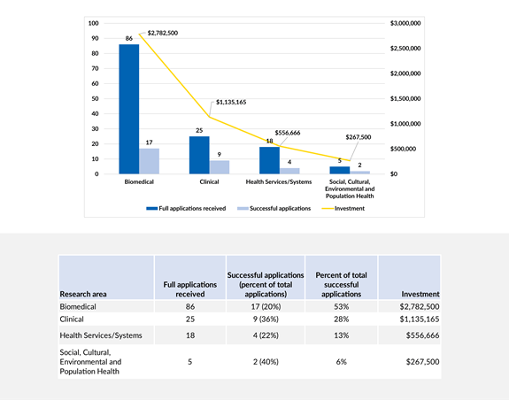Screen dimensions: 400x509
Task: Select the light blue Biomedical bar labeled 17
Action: (149, 161)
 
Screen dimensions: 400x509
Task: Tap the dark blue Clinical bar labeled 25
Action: (199, 155)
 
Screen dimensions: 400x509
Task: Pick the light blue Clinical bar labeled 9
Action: (219, 167)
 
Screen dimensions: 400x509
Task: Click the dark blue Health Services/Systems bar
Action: (269, 160)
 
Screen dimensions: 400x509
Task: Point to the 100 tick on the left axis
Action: (94, 22)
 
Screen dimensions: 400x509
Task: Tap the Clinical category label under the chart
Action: (209, 183)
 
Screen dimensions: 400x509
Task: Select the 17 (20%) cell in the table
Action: (266, 305)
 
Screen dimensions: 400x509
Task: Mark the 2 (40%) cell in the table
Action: (266, 361)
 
